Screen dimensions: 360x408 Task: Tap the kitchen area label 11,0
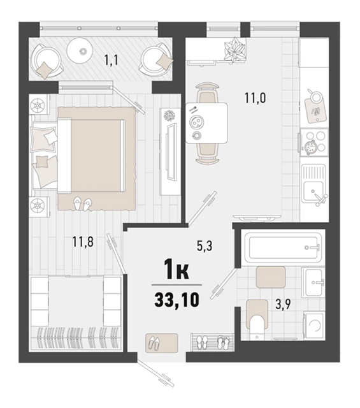[x=255, y=98]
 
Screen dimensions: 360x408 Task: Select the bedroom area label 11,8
[x=83, y=242]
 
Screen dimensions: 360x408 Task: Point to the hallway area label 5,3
[x=205, y=246]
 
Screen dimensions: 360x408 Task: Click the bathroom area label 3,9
[x=283, y=304]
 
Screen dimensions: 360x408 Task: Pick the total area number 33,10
[x=177, y=300]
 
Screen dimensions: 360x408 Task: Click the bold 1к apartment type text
[x=176, y=270]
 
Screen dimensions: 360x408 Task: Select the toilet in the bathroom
[x=257, y=321]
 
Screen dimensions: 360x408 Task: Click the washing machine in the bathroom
[x=313, y=326]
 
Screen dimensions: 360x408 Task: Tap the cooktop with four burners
[x=314, y=142]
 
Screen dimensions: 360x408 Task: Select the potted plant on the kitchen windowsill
[x=234, y=49]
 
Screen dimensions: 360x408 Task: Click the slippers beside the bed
[x=82, y=203]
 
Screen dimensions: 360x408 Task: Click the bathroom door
[x=224, y=284]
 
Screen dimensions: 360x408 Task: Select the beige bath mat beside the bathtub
[x=271, y=277]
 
